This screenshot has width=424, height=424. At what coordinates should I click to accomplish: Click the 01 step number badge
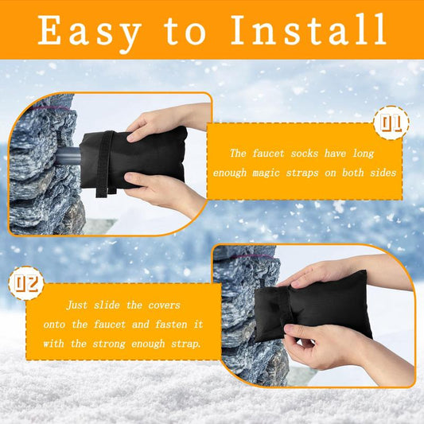click(x=392, y=124)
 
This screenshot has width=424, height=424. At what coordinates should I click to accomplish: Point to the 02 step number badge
click(x=25, y=282)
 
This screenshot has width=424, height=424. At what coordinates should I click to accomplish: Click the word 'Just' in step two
click(x=80, y=305)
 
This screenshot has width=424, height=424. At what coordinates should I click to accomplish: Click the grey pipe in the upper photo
click(x=67, y=156)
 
